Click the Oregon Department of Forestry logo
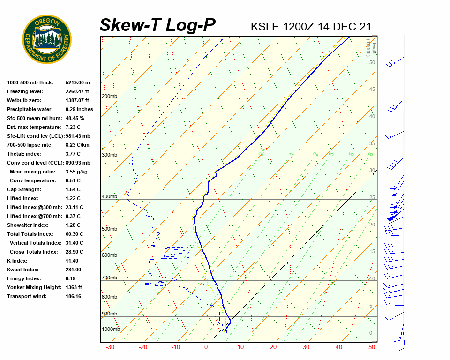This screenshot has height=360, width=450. click(47, 39)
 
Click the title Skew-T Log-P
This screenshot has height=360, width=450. click(157, 25)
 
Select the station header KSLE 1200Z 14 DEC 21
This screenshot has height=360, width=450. click(311, 26)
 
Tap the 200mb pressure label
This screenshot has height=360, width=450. click(109, 97)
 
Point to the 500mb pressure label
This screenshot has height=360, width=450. click(109, 229)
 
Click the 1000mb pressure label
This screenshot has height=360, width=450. click(111, 330)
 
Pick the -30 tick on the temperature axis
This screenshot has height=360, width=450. click(110, 347)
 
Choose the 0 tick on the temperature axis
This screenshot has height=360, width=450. click(206, 347)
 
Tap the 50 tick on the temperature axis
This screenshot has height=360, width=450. click(372, 347)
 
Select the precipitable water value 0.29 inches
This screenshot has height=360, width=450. click(79, 109)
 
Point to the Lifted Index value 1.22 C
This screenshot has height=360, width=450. click(73, 198)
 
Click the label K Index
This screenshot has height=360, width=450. click(17, 261)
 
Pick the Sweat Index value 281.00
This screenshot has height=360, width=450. click(73, 270)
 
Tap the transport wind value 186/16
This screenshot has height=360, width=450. click(74, 296)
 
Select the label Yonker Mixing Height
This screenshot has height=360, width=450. click(33, 287)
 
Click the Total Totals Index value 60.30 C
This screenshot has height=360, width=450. click(74, 234)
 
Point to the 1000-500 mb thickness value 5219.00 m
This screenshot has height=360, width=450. click(78, 82)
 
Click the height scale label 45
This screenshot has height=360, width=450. click(372, 90)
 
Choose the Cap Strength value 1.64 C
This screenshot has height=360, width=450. click(73, 189)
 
